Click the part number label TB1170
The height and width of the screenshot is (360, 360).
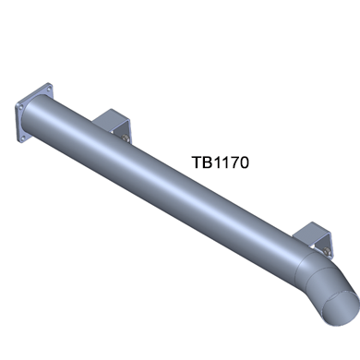[221, 162]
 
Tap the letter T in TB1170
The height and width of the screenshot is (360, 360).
[197, 162]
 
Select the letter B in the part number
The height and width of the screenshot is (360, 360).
[207, 162]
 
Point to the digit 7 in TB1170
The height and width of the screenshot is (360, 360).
[233, 162]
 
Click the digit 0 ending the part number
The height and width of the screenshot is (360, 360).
[244, 162]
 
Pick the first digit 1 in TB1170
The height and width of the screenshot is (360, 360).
[216, 162]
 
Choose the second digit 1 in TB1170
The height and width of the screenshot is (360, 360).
[224, 162]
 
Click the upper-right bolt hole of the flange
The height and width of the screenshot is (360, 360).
[49, 89]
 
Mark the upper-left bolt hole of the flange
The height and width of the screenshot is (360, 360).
[20, 107]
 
